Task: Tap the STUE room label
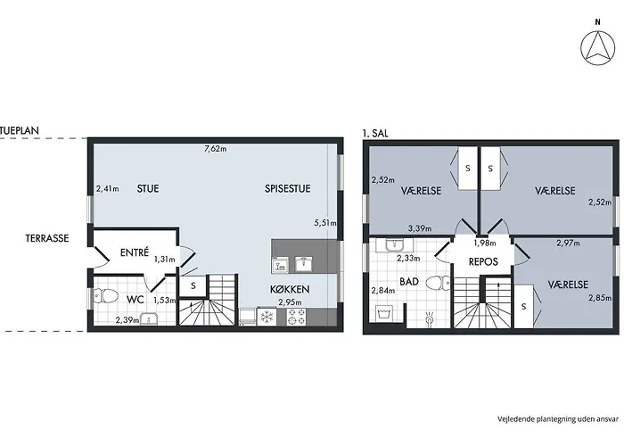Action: click(x=148, y=188)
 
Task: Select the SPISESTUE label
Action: click(x=287, y=188)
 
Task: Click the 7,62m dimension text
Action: click(x=216, y=149)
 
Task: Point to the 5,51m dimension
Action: click(x=325, y=223)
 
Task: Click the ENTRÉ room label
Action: click(x=135, y=252)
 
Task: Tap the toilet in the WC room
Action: click(x=105, y=296)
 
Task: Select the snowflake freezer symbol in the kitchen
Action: click(x=267, y=317)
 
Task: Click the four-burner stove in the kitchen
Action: click(x=297, y=317)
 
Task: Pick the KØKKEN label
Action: click(x=290, y=290)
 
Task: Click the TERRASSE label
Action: click(x=47, y=238)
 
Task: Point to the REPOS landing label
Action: click(x=483, y=261)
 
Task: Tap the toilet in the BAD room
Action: click(x=439, y=283)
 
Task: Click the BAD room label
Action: click(x=409, y=282)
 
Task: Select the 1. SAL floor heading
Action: click(x=375, y=134)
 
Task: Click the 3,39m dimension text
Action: click(x=420, y=228)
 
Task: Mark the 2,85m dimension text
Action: click(x=600, y=297)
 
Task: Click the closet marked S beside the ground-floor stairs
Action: click(x=193, y=285)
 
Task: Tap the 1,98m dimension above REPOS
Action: click(x=485, y=243)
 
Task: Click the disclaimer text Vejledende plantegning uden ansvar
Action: click(x=558, y=419)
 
